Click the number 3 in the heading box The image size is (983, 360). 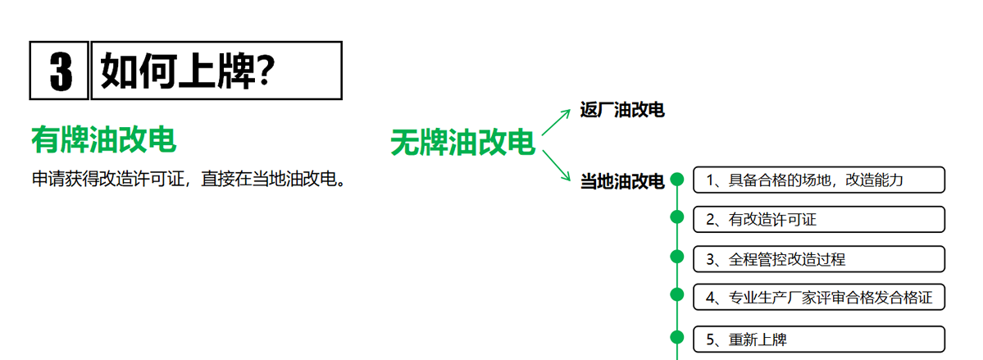click(61, 71)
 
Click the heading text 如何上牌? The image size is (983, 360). click(187, 71)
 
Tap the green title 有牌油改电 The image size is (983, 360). click(103, 140)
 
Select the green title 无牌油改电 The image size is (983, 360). click(462, 143)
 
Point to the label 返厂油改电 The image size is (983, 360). click(622, 111)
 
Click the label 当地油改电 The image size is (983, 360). click(622, 182)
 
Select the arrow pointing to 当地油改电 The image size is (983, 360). click(557, 166)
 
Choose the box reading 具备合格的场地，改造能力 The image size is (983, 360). click(819, 180)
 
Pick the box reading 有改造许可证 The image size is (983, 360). click(819, 220)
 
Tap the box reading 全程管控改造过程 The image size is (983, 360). click(819, 259)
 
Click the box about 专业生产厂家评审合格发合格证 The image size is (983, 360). click(819, 297)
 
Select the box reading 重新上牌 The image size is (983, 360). click(819, 339)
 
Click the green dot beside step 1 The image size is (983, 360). click(677, 180)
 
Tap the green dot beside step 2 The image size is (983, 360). click(677, 217)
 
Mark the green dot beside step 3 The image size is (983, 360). click(677, 257)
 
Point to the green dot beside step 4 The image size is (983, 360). click(677, 294)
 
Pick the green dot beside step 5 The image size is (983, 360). click(677, 337)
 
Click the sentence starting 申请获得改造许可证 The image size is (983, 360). click(189, 180)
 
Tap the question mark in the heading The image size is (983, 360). click(265, 71)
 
